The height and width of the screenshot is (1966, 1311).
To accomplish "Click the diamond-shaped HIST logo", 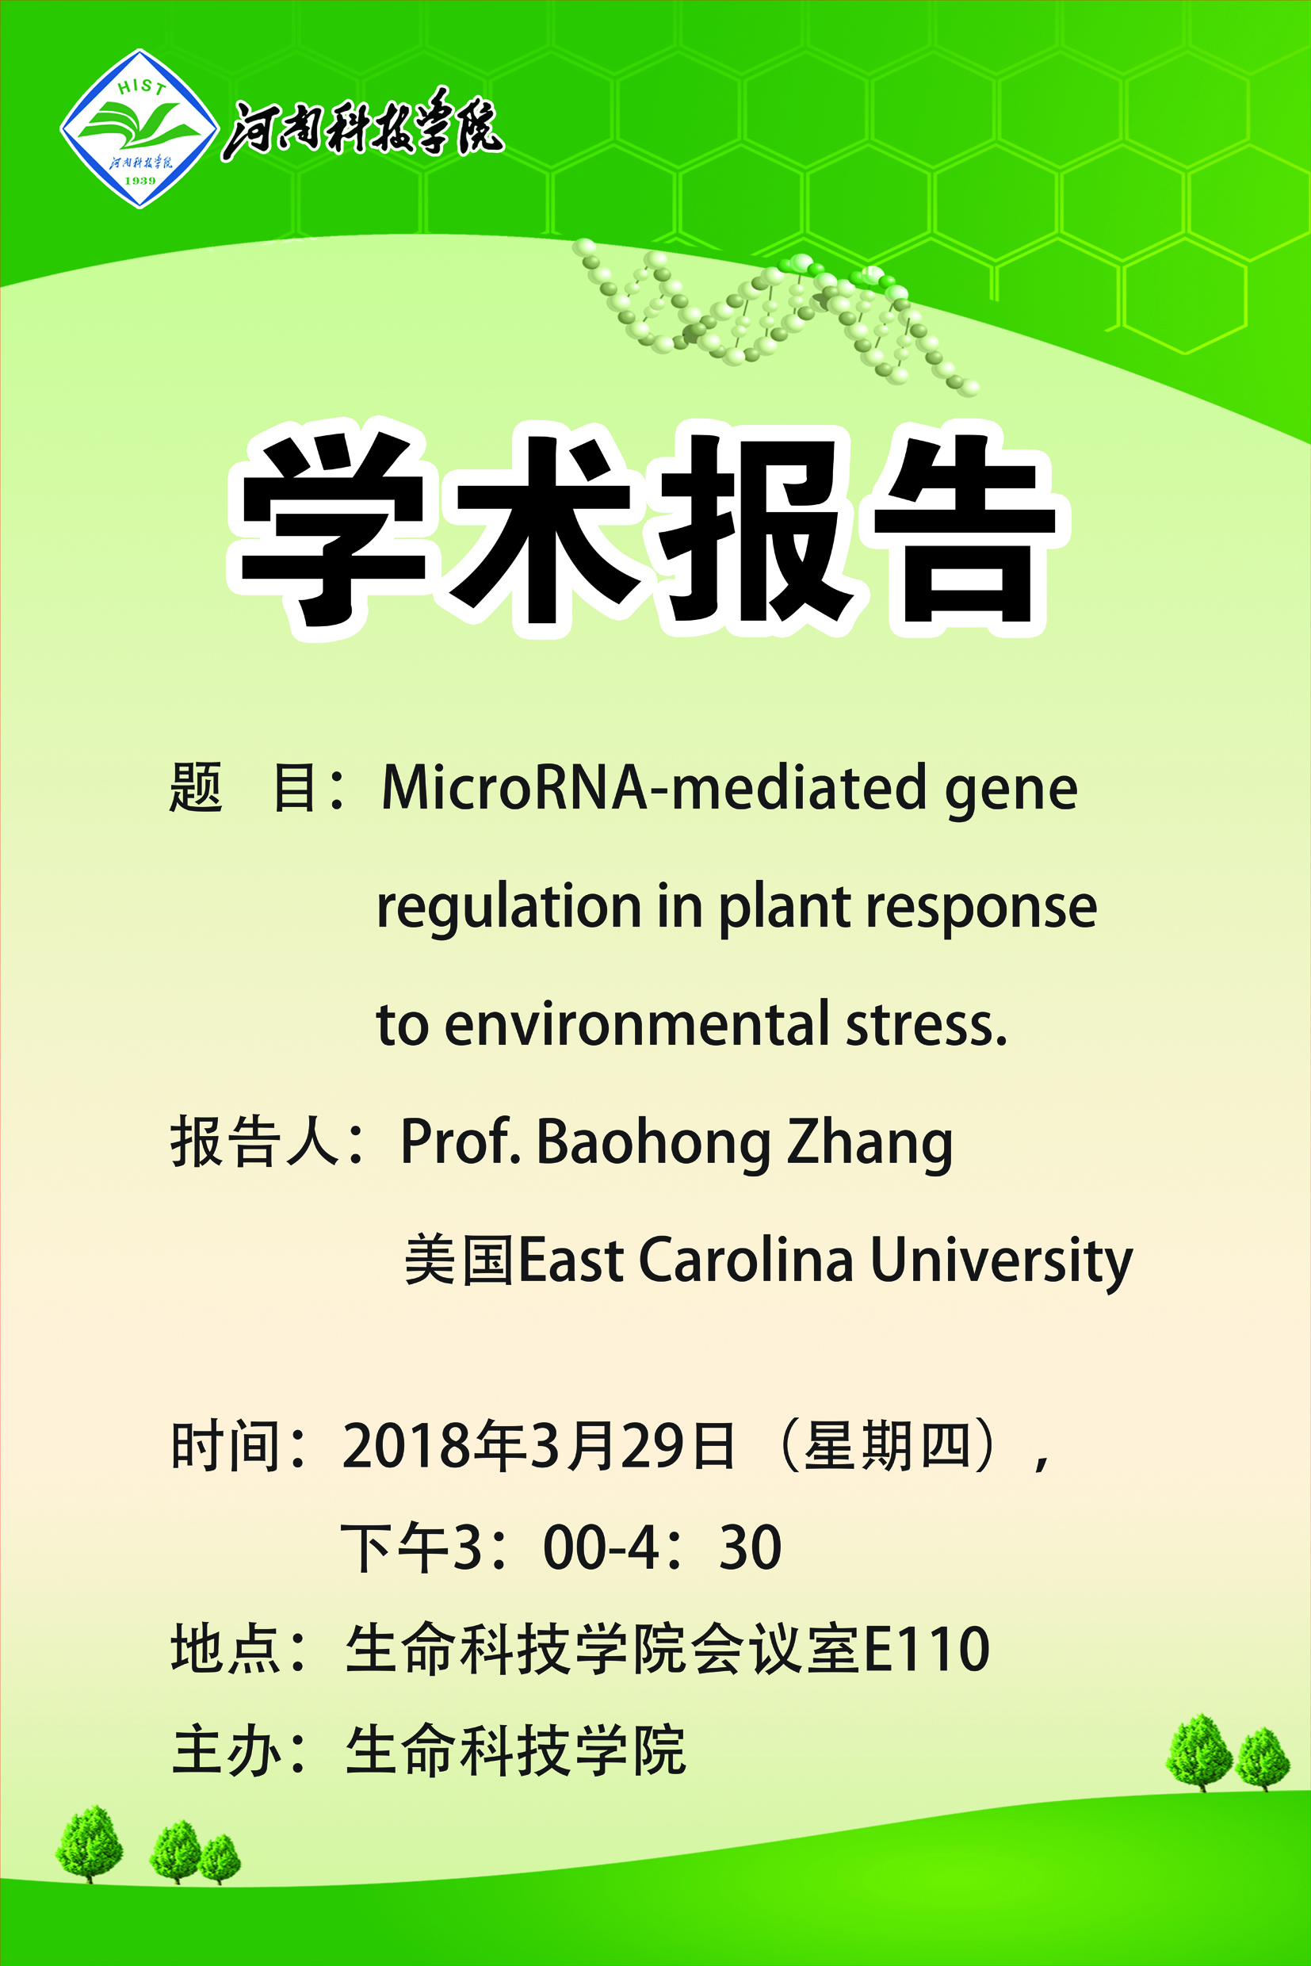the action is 139,128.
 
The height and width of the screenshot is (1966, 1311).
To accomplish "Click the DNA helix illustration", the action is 774,316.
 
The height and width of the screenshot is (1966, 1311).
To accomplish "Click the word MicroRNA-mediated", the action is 654,788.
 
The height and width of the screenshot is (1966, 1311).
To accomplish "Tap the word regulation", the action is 509,906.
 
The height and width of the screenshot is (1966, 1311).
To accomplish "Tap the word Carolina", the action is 747,1260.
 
